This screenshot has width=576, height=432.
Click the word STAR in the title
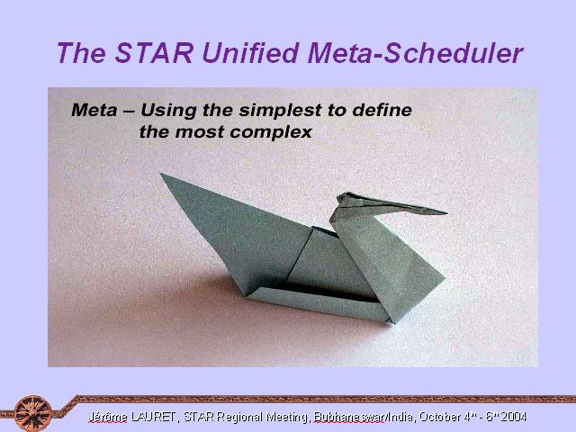154,53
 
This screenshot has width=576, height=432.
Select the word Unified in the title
250,53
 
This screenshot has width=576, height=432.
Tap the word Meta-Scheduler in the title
416,53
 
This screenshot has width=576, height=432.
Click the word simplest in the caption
280,111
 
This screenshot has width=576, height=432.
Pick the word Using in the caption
168,111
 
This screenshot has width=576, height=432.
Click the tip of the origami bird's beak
446,212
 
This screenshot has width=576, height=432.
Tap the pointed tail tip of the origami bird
162,174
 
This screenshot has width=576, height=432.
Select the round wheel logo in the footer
32,413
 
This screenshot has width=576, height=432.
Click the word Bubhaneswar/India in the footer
364,417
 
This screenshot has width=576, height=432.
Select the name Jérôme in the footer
107,417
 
